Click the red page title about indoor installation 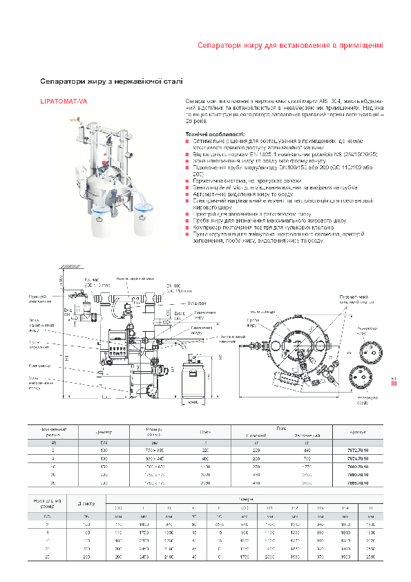click(x=289, y=45)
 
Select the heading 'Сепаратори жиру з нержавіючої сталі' click(x=111, y=81)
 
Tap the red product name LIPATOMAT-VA click(x=64, y=102)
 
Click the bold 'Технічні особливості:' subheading click(x=212, y=133)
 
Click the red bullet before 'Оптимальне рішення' click(x=187, y=140)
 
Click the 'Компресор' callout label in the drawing click(x=37, y=366)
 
